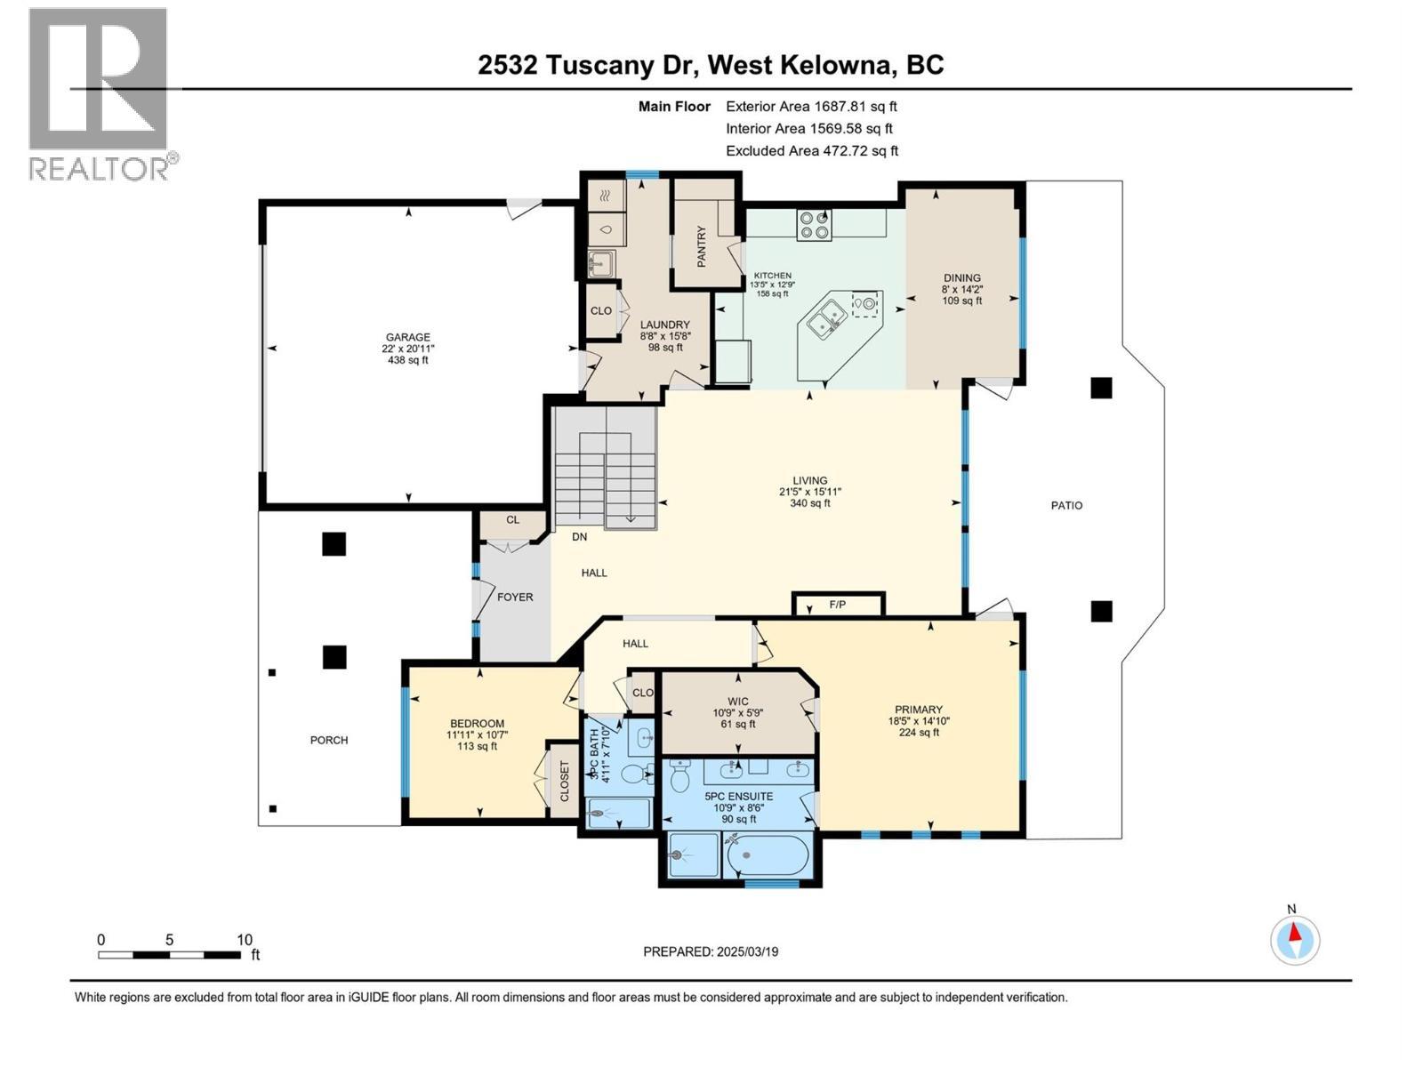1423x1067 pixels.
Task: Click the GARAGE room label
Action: (407, 337)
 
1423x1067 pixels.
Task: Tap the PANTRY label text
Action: (701, 246)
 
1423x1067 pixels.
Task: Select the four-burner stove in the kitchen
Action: (814, 224)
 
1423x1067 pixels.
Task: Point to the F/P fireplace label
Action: (837, 605)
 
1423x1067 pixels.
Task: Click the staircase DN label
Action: (579, 537)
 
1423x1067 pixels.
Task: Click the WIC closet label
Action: (738, 701)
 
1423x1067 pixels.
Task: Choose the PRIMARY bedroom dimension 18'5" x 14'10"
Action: (919, 721)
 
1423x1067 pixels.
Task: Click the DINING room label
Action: (962, 277)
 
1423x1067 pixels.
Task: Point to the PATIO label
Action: (1066, 505)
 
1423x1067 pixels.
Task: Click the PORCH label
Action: (328, 740)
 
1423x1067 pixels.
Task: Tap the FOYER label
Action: (515, 597)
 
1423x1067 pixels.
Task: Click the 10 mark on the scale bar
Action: (245, 940)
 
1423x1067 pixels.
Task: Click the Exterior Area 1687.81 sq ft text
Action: (811, 106)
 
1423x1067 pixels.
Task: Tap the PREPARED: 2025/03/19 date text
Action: (711, 951)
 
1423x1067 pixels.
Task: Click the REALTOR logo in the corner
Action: (99, 93)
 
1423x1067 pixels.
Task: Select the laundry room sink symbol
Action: (602, 263)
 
